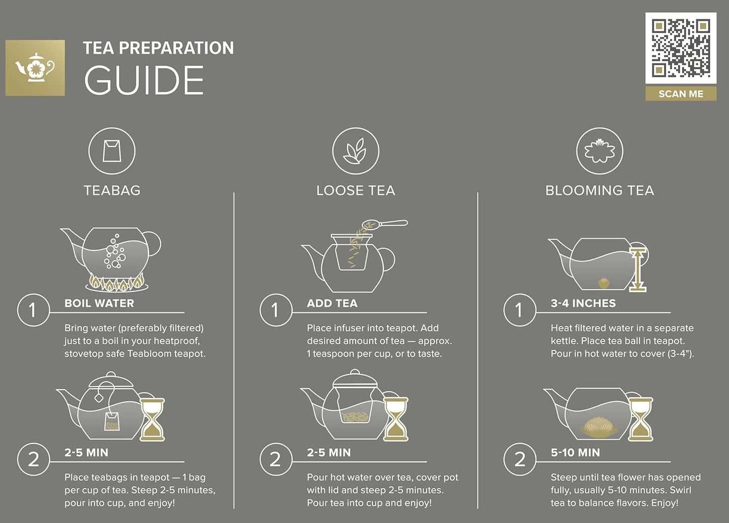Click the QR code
pos(681,48)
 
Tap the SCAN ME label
pos(681,94)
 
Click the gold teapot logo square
pos(35,68)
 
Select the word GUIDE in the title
pos(144,81)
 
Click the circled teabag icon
pos(112,151)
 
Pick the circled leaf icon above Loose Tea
pos(355,151)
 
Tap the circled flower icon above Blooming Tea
pos(599,151)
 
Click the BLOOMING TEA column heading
pos(599,190)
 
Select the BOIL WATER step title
pos(99,303)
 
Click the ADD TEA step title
pos(332,303)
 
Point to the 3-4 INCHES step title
pos(583,303)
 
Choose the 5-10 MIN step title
pos(575,453)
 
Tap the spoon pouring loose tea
pos(386,224)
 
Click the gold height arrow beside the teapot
pos(638,270)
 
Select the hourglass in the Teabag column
pos(152,419)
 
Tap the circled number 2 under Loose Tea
pos(275,459)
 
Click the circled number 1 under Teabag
pos(33,310)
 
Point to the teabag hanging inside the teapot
pos(111,421)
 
